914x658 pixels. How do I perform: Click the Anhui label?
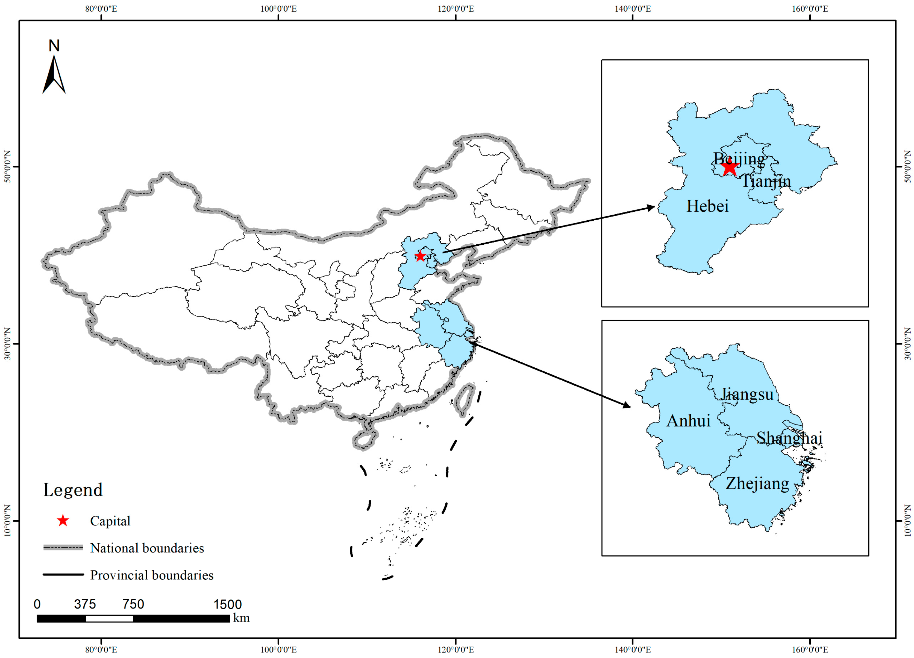click(688, 421)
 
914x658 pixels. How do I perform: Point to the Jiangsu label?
click(747, 394)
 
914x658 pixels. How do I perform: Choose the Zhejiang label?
click(757, 483)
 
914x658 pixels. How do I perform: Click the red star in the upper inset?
click(730, 168)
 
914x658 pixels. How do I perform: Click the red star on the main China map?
click(420, 256)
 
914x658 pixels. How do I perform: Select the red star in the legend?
click(63, 521)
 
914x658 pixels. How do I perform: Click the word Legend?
click(73, 490)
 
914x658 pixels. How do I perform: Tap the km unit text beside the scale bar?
click(241, 618)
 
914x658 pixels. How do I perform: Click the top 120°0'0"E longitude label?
click(455, 9)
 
